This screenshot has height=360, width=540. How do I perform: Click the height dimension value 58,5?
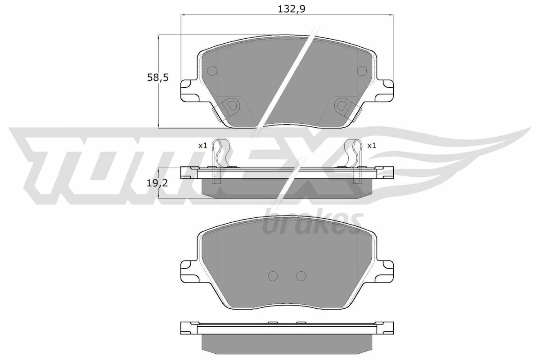pos(157,77)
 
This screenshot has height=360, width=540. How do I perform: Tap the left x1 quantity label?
pos(202,145)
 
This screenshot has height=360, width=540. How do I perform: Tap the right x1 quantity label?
pos(371,145)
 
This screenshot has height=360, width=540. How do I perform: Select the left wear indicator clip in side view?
pos(220,155)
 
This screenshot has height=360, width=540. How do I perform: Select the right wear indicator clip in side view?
pos(354,155)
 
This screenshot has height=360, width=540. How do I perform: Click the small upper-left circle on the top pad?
pos(212,70)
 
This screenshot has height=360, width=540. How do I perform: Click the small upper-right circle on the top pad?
pos(362,70)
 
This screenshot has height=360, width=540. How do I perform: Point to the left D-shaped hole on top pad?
pos(232,106)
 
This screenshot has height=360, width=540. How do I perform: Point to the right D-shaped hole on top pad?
pos(342,106)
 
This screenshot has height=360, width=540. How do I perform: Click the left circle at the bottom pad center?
pos(273,276)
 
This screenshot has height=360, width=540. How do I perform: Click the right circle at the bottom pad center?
pos(301,276)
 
